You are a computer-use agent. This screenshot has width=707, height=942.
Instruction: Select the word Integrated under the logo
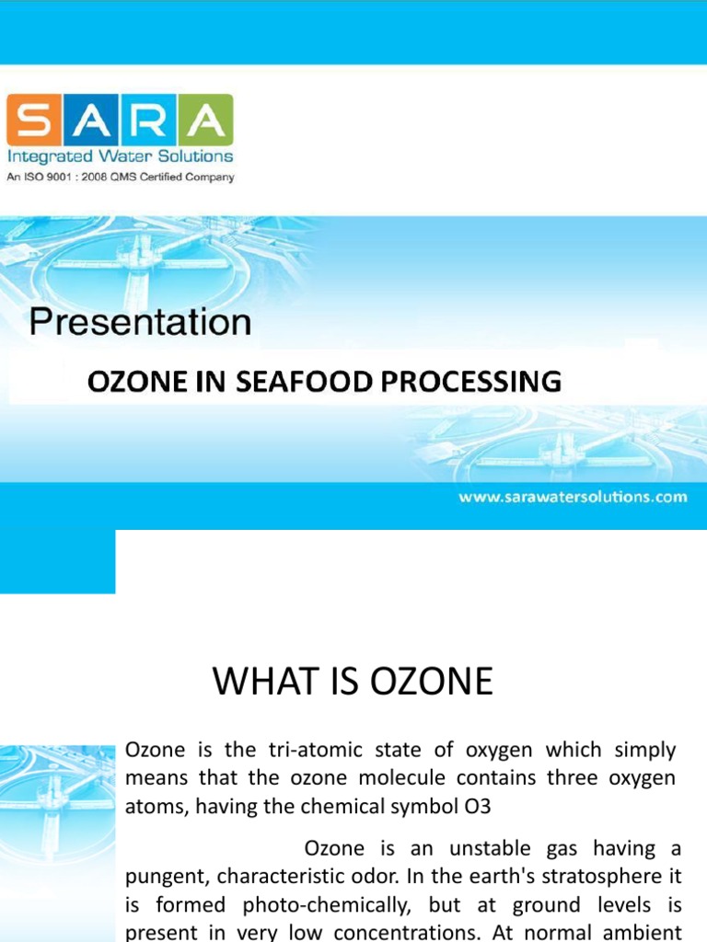(47, 156)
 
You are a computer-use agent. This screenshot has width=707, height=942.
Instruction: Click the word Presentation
(140, 322)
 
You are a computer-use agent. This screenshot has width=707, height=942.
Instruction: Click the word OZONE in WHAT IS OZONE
(436, 682)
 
